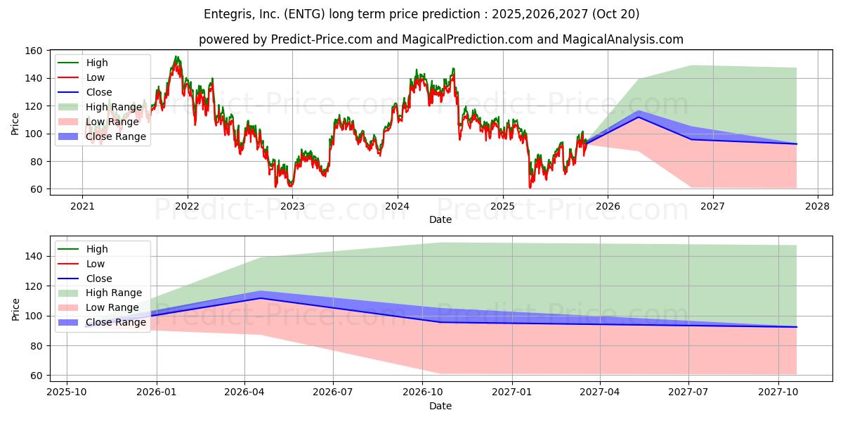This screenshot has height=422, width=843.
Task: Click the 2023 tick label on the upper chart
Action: point(292,206)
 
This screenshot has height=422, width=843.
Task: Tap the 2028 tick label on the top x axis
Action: point(817,206)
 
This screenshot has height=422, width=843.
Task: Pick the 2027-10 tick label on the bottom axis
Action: point(778,392)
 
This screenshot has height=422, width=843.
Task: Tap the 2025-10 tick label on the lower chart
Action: point(67,392)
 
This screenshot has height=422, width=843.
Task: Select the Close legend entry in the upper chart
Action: point(99,92)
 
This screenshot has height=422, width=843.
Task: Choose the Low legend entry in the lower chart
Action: point(96,264)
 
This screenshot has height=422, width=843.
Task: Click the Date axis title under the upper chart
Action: point(440,220)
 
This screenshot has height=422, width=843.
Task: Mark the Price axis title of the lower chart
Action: point(15,309)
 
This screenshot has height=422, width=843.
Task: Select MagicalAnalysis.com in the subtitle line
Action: point(622,39)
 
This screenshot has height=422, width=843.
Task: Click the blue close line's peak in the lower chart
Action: point(261,298)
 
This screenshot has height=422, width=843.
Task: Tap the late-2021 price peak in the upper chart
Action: point(176,58)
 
